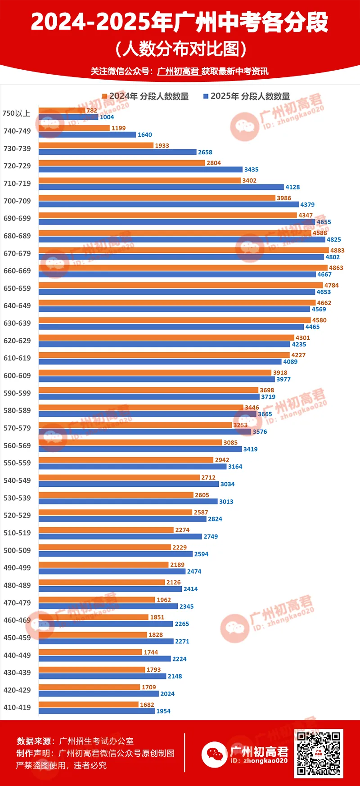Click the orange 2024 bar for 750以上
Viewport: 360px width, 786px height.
pos(62,110)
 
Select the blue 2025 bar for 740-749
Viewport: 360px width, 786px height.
pos(87,135)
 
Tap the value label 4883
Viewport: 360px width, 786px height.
pos(337,251)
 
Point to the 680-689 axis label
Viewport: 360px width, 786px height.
pos(17,236)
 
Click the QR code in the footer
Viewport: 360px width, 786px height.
pos(319,754)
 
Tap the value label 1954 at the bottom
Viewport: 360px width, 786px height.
pos(163,711)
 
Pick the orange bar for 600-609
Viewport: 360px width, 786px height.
pos(155,373)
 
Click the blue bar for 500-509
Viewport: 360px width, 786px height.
pos(115,554)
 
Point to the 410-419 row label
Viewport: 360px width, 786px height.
pos(17,707)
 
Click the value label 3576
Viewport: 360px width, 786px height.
pos(260,432)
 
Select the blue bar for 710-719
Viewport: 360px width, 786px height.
pos(161,187)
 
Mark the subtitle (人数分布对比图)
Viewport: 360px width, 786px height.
pos(180,49)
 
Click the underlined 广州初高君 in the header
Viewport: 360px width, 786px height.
pos(178,71)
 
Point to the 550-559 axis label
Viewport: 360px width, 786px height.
pos(17,463)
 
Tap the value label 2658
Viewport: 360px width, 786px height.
pos(205,153)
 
